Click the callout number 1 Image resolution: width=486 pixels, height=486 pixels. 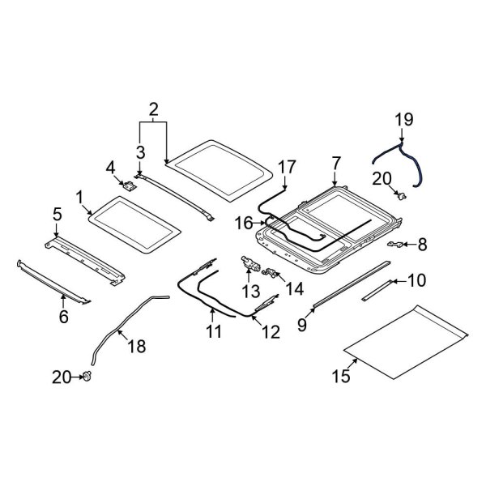click(x=80, y=197)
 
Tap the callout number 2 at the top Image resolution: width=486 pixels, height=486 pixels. click(x=153, y=109)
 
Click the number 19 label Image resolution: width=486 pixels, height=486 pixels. click(x=403, y=121)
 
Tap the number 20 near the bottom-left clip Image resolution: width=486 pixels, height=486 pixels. click(x=62, y=376)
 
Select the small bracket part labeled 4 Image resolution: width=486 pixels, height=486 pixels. click(x=128, y=185)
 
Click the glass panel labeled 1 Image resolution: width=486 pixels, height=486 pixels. click(x=134, y=228)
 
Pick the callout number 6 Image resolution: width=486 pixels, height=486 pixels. click(x=63, y=317)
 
